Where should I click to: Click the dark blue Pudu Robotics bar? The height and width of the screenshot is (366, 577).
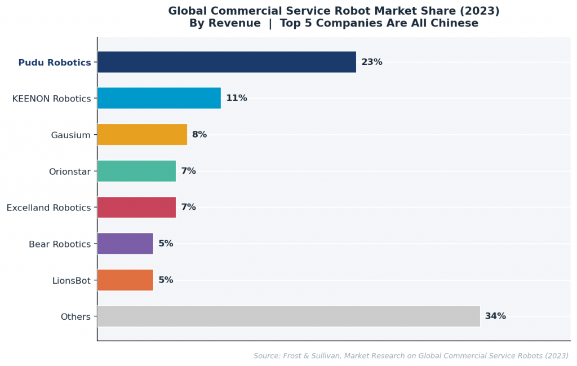pos(227,62)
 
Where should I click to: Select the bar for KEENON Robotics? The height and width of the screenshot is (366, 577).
pos(159,98)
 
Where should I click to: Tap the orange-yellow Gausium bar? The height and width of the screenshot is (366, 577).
pos(142,135)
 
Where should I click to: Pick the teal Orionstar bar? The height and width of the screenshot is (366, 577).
pos(136,171)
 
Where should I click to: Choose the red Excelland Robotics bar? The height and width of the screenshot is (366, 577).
pos(136,208)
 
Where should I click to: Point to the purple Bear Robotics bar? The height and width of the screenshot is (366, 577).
pos(125,244)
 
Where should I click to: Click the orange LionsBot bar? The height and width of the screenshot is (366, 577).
pos(125,280)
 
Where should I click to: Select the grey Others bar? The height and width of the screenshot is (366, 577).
pos(288,316)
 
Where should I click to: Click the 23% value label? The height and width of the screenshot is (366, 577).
pos(372,62)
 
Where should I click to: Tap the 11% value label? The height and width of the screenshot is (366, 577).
pos(237,98)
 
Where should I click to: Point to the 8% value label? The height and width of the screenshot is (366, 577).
pos(199,135)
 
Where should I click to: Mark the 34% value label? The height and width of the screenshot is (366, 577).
pos(495,316)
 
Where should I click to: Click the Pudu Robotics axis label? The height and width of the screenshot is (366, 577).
pos(55,63)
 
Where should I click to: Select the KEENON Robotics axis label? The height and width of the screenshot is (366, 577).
pos(51,99)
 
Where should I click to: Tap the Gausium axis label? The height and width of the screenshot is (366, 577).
pos(70,135)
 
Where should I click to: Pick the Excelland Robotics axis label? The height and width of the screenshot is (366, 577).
pos(48,208)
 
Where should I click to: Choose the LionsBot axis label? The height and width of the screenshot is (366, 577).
pos(71,281)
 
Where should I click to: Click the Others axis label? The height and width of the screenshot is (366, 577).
pos(76,317)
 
